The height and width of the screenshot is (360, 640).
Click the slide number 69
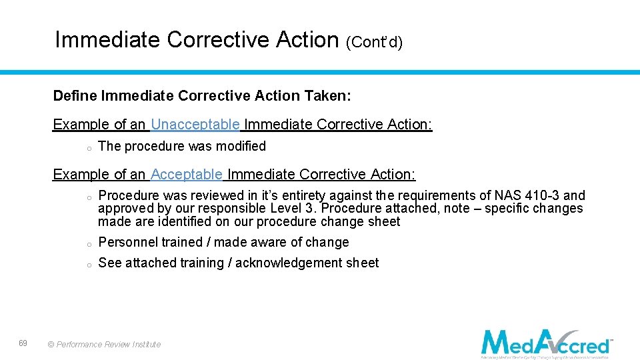pyautogui.click(x=23, y=343)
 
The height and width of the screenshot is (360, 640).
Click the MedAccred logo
pyautogui.click(x=546, y=343)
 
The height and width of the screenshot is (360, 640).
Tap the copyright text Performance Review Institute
pyautogui.click(x=104, y=345)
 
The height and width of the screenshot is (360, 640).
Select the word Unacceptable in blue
pyautogui.click(x=195, y=125)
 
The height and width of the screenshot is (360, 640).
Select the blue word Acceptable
pyautogui.click(x=187, y=175)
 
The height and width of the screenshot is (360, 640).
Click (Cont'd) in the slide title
pyautogui.click(x=374, y=42)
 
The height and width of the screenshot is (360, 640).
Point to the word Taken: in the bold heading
pyautogui.click(x=327, y=96)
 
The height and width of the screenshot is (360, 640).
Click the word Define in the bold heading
pyautogui.click(x=75, y=96)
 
